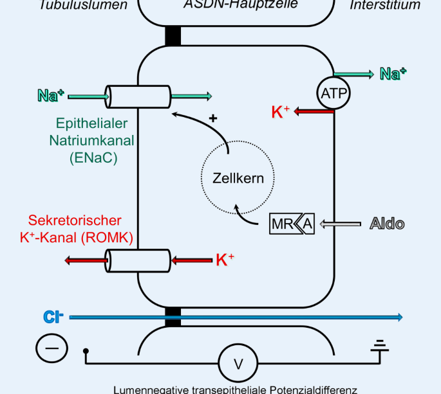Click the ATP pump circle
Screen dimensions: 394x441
pyautogui.click(x=333, y=94)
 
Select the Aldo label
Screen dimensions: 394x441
pyautogui.click(x=387, y=224)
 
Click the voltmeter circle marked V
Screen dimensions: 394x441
pyautogui.click(x=238, y=364)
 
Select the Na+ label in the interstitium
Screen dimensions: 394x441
pyautogui.click(x=393, y=74)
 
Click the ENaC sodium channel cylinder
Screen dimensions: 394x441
pyautogui.click(x=138, y=97)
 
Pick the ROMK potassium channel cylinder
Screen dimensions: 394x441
pyautogui.click(x=138, y=260)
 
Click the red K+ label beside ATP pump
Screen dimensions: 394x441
pyautogui.click(x=281, y=112)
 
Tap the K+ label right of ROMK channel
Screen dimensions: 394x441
pyautogui.click(x=225, y=260)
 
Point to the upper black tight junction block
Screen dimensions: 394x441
pyautogui.click(x=173, y=36)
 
